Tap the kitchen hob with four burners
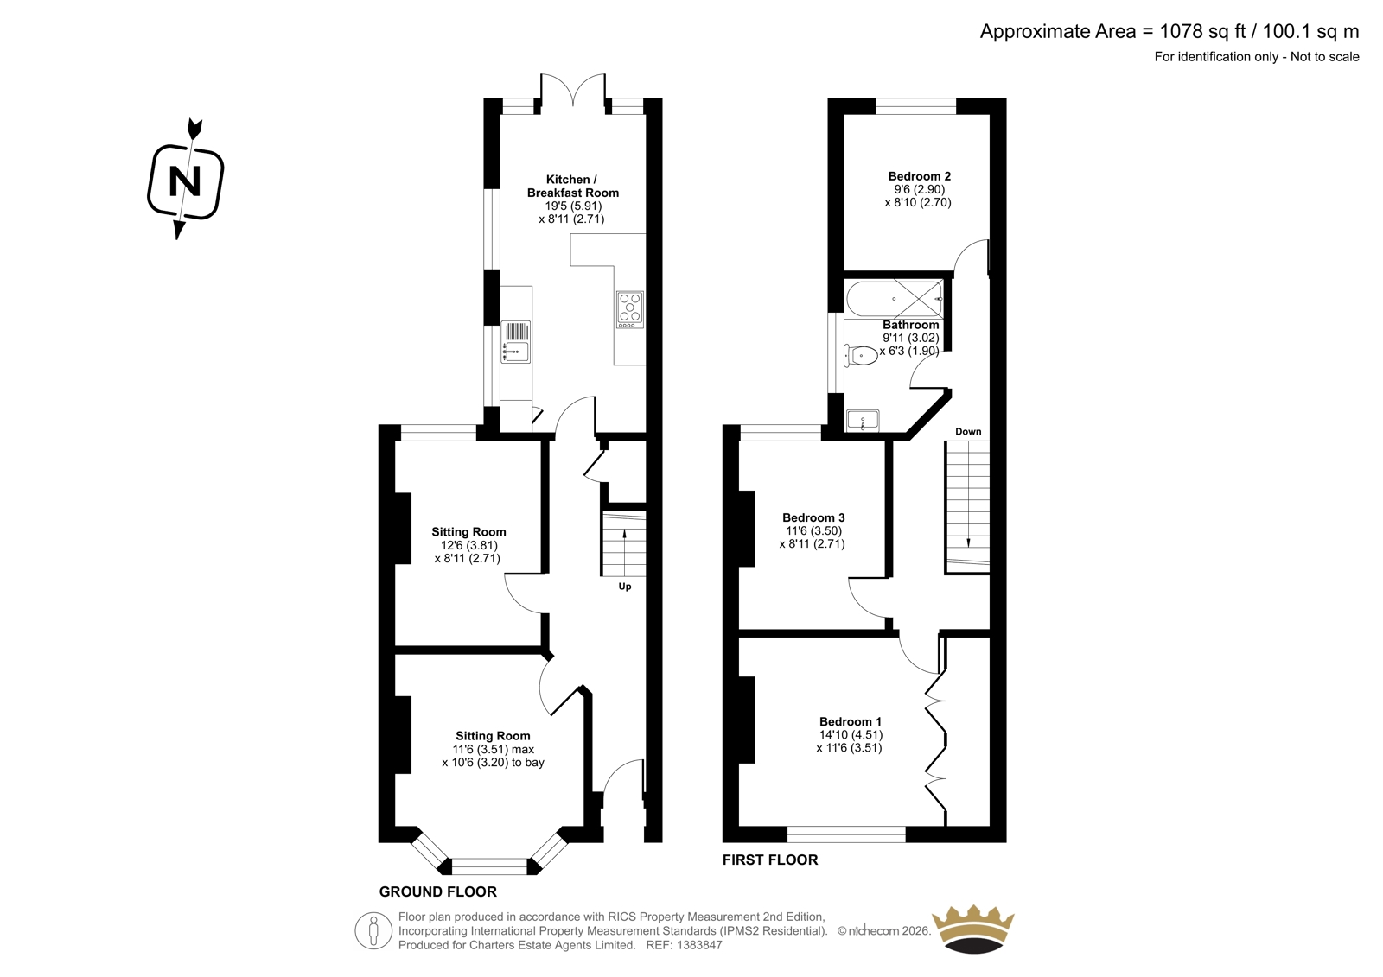point(629,310)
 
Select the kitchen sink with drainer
point(515,342)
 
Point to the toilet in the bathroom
point(860,356)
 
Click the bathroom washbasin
point(863,421)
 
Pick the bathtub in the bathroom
point(895,300)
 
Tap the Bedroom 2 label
point(920,176)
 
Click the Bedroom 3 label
point(813,517)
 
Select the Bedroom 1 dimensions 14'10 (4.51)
point(850,734)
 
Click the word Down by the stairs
point(968,431)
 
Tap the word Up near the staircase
point(625,587)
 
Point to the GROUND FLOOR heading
point(437,891)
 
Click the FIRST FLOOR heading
point(770,860)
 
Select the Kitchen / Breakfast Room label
point(572,186)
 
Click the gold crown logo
point(973,929)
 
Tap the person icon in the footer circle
point(373,930)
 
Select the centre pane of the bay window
point(489,866)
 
